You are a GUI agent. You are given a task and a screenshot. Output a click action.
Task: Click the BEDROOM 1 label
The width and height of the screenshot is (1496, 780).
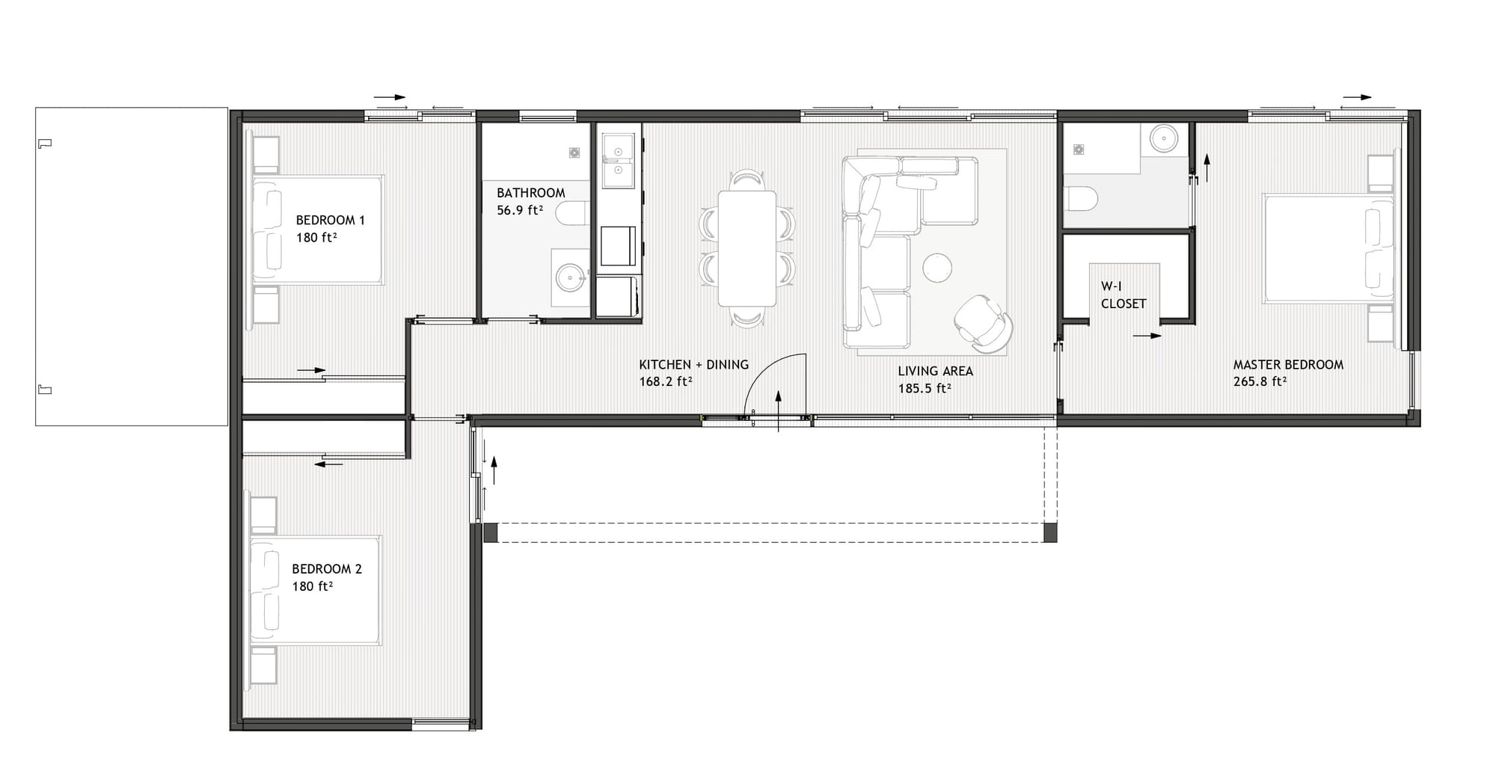331,220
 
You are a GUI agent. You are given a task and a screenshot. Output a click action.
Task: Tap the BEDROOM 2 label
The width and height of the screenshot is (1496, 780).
327,569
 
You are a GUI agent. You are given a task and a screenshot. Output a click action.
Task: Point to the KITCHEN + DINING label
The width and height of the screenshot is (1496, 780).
693,365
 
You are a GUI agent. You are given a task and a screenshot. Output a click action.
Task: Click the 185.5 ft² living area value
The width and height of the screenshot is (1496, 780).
925,388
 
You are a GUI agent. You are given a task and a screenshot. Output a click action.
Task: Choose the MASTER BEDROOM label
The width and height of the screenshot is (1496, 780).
1288,365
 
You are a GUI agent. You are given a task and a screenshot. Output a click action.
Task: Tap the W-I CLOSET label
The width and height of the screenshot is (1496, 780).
1123,295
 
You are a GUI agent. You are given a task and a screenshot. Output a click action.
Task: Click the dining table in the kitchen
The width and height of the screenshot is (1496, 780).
747,248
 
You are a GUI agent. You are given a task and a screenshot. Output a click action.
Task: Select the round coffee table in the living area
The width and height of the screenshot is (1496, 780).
937,268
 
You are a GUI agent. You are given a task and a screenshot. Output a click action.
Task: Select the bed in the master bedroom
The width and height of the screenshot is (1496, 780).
1329,249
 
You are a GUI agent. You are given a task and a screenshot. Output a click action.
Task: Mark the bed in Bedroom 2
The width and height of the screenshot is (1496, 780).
316,590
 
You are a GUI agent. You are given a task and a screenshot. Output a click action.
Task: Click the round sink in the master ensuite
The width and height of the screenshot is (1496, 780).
1163,138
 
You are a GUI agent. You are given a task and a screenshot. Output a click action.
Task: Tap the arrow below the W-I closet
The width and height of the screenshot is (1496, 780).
1147,336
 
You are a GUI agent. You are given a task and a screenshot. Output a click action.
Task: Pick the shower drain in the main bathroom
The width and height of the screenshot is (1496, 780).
574,153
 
